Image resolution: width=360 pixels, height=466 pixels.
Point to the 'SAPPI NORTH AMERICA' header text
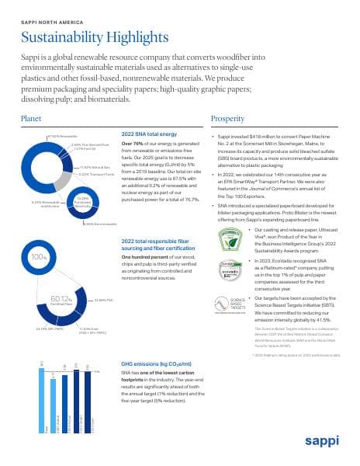tap(52, 13)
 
